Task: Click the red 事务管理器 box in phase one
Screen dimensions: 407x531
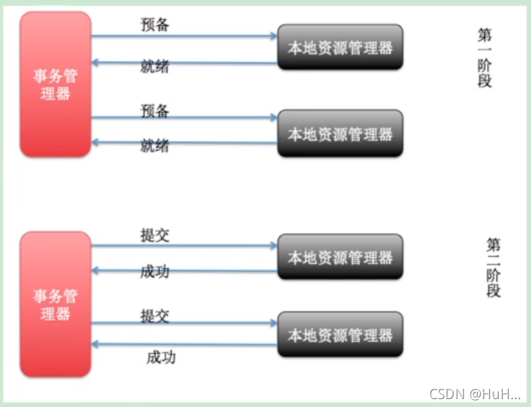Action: [x=55, y=84]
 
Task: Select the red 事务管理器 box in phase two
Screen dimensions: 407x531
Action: [x=55, y=304]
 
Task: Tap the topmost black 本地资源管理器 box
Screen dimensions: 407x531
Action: [x=340, y=47]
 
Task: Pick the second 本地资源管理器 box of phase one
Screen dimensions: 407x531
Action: [x=340, y=133]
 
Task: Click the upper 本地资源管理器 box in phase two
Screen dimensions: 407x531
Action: [x=340, y=257]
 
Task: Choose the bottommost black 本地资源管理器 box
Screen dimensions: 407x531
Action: [x=340, y=334]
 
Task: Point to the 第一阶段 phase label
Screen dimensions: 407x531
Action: [x=485, y=58]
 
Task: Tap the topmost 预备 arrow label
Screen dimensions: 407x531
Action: [x=155, y=24]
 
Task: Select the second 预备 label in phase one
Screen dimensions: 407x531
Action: [x=155, y=110]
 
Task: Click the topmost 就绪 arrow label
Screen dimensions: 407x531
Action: [x=155, y=65]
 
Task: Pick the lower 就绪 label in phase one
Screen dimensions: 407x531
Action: [x=155, y=146]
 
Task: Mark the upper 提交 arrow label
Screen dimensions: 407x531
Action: [x=155, y=236]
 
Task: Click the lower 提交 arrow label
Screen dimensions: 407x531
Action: [x=155, y=315]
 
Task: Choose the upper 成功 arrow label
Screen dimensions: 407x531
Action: [x=155, y=272]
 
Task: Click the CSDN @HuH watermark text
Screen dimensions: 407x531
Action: [x=474, y=393]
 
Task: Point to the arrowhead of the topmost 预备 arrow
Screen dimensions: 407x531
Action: [x=274, y=35]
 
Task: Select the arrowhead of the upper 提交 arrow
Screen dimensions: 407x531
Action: [x=274, y=246]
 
